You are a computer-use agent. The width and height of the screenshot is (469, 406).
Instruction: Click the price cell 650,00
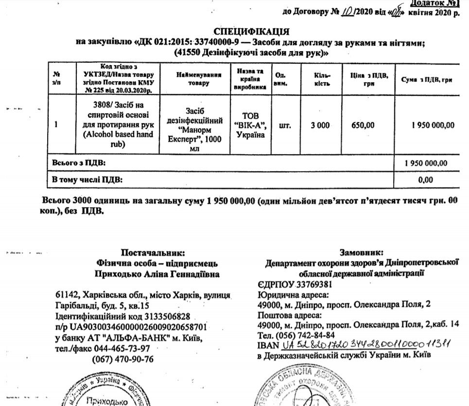[363, 125]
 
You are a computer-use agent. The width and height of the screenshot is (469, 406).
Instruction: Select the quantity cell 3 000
[321, 125]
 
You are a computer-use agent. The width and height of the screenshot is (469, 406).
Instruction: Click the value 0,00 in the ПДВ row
[425, 180]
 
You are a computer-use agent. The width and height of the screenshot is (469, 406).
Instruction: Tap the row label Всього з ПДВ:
[78, 162]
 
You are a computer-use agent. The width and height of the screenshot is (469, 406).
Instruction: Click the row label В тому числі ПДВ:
[87, 180]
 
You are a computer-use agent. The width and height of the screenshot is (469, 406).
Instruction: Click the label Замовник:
[362, 252]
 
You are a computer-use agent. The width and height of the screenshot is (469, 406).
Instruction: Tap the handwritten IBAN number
[367, 345]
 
